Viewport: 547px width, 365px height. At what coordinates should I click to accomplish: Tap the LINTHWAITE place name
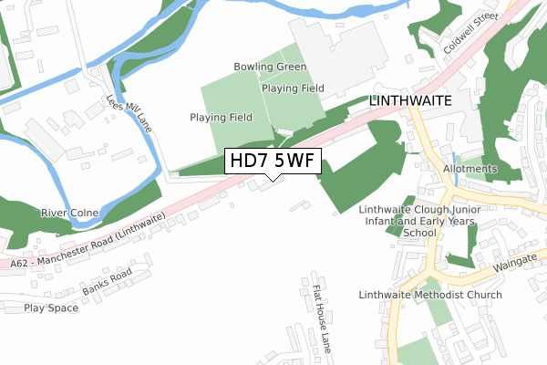point(410,103)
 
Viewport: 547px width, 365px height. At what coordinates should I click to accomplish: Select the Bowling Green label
point(270,68)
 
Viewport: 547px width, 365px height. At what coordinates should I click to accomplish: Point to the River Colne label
point(68,213)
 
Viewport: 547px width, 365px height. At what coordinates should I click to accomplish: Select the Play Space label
point(51,308)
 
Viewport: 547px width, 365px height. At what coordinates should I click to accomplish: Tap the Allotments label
point(470,169)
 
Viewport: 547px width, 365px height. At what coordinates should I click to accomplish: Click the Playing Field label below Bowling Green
point(292,89)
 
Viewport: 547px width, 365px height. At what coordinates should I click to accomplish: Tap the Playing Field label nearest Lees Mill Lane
point(222,118)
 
